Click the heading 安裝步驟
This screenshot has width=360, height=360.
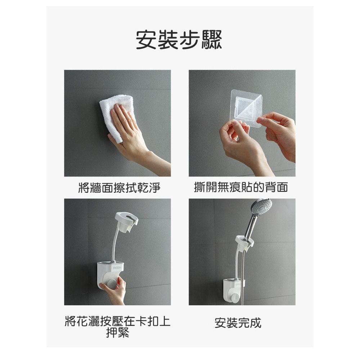179,40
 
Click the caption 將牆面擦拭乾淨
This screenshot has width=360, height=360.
119,188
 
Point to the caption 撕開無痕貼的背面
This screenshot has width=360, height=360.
241,188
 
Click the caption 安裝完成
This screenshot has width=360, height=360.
238,323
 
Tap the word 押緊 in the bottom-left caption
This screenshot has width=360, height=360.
117,333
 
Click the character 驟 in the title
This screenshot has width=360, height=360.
211,40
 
